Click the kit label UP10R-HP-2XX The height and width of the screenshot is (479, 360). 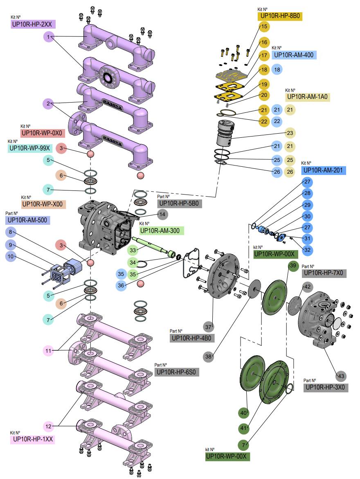(x=33, y=24)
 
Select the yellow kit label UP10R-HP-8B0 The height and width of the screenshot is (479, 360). (x=280, y=16)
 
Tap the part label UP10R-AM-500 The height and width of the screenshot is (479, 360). (x=27, y=220)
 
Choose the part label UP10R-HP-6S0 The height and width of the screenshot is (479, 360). (x=176, y=372)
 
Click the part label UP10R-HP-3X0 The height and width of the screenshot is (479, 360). (x=326, y=387)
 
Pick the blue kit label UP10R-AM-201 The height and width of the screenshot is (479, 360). (x=324, y=170)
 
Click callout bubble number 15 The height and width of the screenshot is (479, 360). (x=264, y=27)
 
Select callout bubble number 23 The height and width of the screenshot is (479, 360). (x=290, y=133)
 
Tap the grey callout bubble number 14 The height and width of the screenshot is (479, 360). (x=162, y=215)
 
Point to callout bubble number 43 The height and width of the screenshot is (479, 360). (x=341, y=376)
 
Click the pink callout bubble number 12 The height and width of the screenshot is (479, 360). (x=48, y=426)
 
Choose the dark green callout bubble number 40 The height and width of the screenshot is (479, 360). (x=244, y=413)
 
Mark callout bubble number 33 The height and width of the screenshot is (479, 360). (x=133, y=250)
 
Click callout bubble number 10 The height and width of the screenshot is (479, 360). (x=11, y=256)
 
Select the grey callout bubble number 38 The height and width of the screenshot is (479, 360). (x=208, y=356)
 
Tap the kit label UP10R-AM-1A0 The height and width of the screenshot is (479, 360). (x=308, y=97)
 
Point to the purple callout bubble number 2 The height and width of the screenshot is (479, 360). (x=48, y=103)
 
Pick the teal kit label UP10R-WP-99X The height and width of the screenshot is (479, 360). (x=30, y=148)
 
